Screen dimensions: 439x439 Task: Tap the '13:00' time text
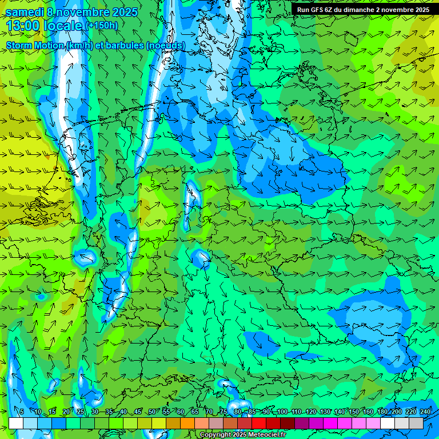pyautogui.click(x=22, y=26)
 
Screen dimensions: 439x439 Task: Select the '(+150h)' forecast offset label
pyautogui.click(x=101, y=26)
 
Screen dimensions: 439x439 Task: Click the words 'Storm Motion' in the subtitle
pyautogui.click(x=35, y=45)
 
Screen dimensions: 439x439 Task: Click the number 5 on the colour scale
pyautogui.click(x=22, y=412)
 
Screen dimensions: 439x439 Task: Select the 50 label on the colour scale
pyautogui.click(x=151, y=412)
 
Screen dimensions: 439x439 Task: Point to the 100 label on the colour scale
pyautogui.click(x=281, y=412)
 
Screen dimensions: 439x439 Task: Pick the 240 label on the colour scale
pyautogui.click(x=425, y=412)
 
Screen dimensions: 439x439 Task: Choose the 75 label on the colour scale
pyautogui.click(x=224, y=412)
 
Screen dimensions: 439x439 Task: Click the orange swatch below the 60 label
pyautogui.click(x=187, y=423)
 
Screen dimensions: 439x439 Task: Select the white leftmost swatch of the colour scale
pyautogui.click(x=16, y=423)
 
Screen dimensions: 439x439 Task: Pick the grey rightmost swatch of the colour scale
pyautogui.click(x=416, y=423)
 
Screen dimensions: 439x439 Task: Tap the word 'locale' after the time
pyautogui.click(x=63, y=26)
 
